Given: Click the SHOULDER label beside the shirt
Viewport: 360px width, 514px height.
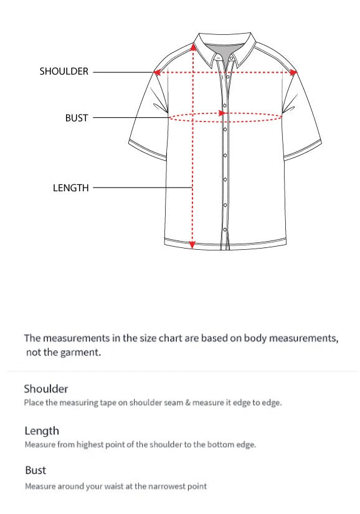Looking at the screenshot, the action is [x=64, y=72].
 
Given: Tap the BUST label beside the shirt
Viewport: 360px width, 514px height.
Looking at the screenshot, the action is [x=77, y=118].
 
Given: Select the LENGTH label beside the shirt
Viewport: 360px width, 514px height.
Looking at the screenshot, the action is [x=71, y=188].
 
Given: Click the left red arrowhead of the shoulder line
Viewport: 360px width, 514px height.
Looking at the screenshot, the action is [x=158, y=72].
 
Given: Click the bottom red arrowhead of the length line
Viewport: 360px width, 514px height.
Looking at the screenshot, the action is [x=192, y=245].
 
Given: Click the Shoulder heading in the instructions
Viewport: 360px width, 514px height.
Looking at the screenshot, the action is [x=46, y=389].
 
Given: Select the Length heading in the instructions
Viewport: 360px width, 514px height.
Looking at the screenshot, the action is [x=42, y=431].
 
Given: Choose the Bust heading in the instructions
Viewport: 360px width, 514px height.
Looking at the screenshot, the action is [x=36, y=470].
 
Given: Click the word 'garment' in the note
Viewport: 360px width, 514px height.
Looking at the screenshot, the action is [x=80, y=353].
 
